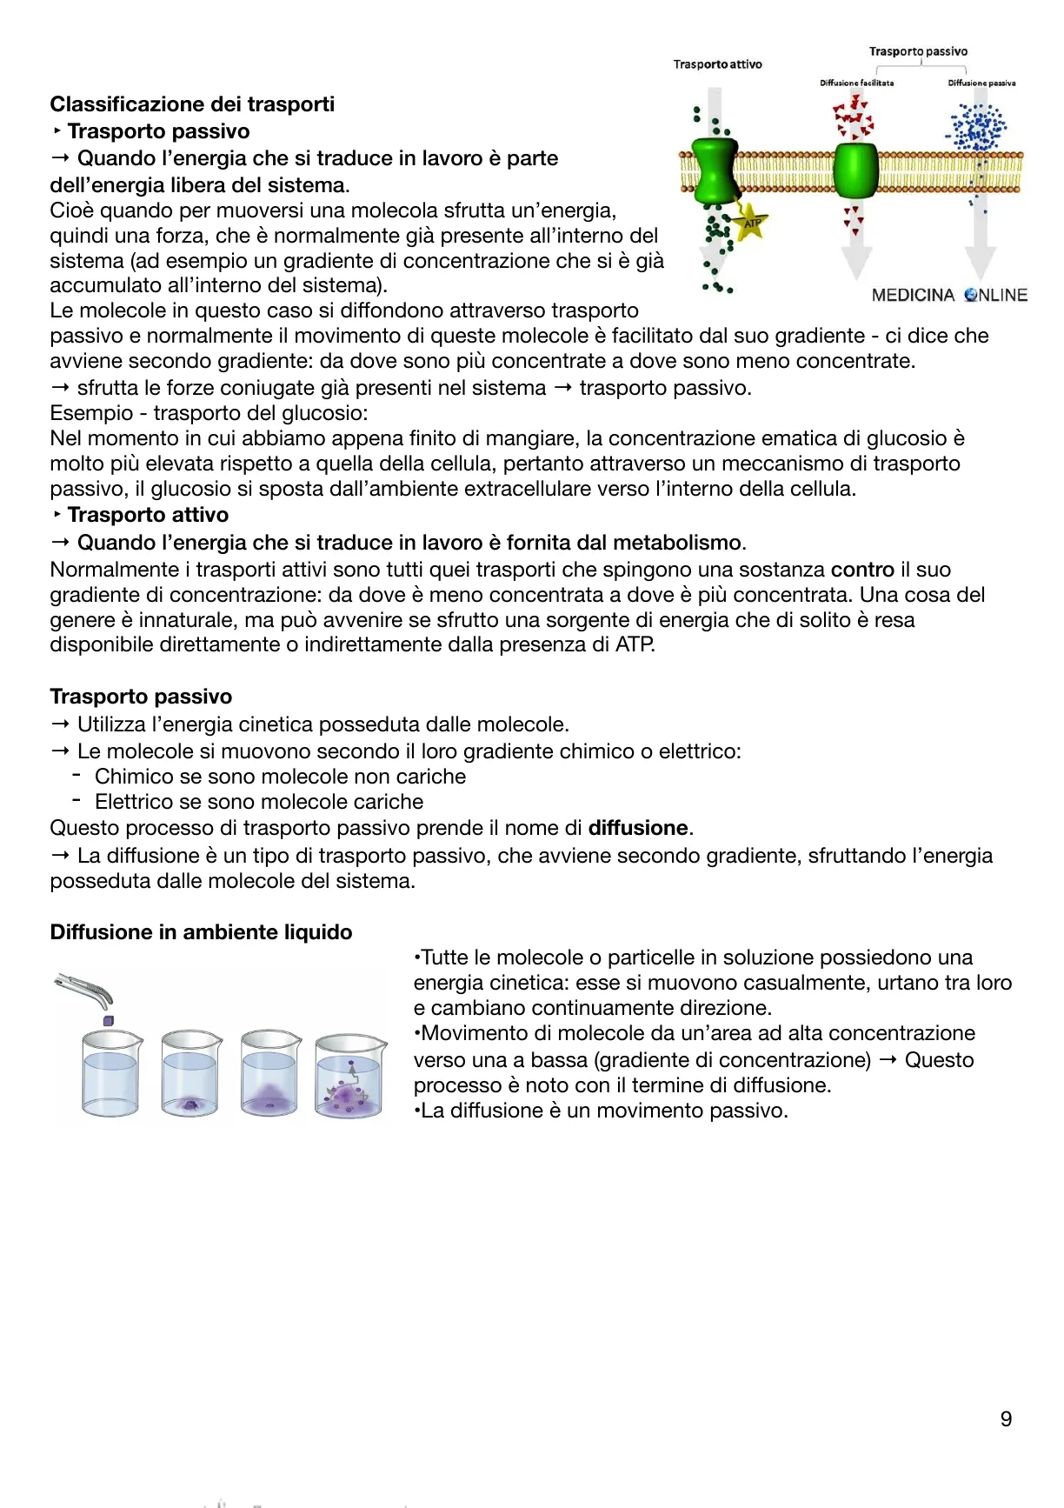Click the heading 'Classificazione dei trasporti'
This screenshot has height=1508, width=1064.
tap(192, 104)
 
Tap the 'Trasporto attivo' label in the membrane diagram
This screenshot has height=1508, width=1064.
tap(717, 64)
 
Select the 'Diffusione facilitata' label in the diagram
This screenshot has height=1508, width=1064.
tap(856, 83)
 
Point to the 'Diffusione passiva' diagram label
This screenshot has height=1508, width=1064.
tap(981, 83)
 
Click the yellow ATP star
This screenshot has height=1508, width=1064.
tap(750, 224)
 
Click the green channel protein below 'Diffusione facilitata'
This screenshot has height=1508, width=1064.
tap(855, 170)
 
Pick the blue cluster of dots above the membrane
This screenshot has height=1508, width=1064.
tap(980, 127)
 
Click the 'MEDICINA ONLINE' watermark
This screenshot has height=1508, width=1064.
tap(948, 295)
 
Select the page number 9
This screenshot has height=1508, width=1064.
tap(1006, 1419)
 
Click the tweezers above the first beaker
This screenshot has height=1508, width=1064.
tap(84, 989)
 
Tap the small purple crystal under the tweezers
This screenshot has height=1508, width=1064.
tap(109, 1019)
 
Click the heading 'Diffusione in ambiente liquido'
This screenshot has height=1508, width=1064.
tap(201, 932)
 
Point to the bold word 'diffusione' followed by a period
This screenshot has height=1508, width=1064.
tap(638, 828)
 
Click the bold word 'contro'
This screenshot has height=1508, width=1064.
tap(862, 570)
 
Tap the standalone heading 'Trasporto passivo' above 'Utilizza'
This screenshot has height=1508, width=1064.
tap(141, 697)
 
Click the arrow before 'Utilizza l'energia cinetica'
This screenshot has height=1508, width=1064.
tap(60, 724)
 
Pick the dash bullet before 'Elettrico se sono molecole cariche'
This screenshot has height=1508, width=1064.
tap(77, 800)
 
